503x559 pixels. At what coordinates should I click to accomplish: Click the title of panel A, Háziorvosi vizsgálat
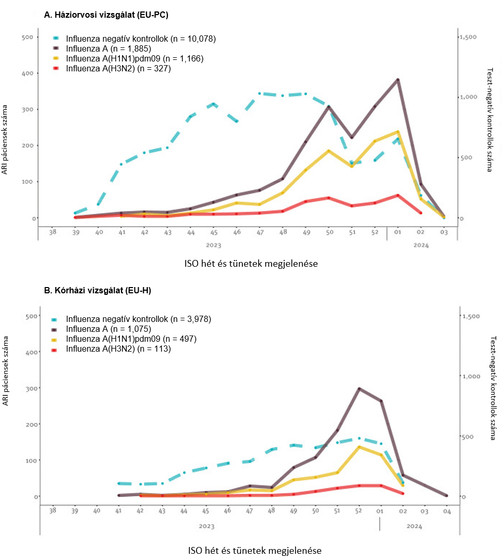pyautogui.click(x=106, y=16)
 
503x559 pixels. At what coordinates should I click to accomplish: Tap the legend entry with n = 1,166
pyautogui.click(x=134, y=58)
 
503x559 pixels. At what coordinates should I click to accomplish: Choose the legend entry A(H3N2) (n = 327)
pyautogui.click(x=118, y=68)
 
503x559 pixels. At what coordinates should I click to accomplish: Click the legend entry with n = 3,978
pyautogui.click(x=138, y=318)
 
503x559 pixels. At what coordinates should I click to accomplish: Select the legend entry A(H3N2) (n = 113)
pyautogui.click(x=118, y=349)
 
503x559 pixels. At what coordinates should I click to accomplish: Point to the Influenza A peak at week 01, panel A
pyautogui.click(x=398, y=80)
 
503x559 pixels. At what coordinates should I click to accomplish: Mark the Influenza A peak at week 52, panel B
pyautogui.click(x=359, y=389)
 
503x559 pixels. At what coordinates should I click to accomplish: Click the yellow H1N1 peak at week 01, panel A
pyautogui.click(x=398, y=132)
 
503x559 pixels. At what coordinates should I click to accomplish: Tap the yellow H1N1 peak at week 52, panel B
pyautogui.click(x=359, y=447)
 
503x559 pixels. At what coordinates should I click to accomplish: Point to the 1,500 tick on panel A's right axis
pyautogui.click(x=468, y=37)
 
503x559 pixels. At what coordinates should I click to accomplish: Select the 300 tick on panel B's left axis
pyautogui.click(x=31, y=388)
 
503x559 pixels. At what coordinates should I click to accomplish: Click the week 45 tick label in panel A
pyautogui.click(x=214, y=233)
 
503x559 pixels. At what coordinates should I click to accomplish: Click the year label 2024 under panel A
pyautogui.click(x=420, y=245)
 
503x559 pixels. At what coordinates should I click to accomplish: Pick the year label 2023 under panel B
pyautogui.click(x=206, y=526)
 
